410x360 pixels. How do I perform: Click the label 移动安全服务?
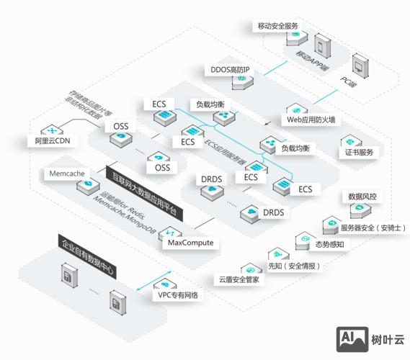277,26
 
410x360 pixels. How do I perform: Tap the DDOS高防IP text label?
229,70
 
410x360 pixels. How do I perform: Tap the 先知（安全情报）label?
293,266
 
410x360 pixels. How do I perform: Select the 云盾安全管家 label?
239,279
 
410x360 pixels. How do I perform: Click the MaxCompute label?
190,243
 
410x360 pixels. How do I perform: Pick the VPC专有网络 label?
178,295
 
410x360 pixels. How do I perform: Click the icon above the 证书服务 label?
352,140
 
